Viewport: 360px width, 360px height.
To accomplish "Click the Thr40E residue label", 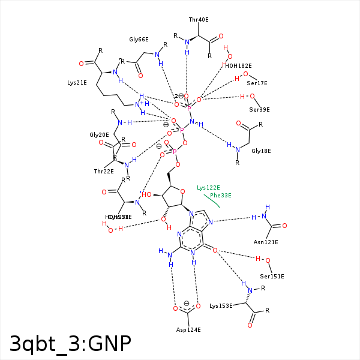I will click(199, 20).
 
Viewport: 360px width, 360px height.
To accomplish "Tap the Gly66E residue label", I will click(139, 40).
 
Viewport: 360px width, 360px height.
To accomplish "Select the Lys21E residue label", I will click(76, 82).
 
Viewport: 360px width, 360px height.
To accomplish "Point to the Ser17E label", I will click(257, 83).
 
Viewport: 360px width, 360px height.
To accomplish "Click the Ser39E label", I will click(259, 109).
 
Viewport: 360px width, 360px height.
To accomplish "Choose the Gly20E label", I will click(99, 135).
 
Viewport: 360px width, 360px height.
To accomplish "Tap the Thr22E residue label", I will click(104, 171).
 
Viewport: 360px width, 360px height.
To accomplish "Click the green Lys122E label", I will click(208, 188).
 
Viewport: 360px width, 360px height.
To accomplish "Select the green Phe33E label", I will click(220, 195).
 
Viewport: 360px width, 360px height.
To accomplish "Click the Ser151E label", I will click(272, 276).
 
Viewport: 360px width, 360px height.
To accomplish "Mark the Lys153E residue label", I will click(221, 306).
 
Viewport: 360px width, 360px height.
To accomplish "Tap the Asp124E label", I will click(188, 330).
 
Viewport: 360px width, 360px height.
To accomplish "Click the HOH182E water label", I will click(238, 65).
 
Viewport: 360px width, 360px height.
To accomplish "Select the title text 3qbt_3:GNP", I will click(70, 343).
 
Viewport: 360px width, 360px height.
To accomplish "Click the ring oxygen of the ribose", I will click(182, 192).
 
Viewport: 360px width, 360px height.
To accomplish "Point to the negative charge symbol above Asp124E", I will click(187, 303).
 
